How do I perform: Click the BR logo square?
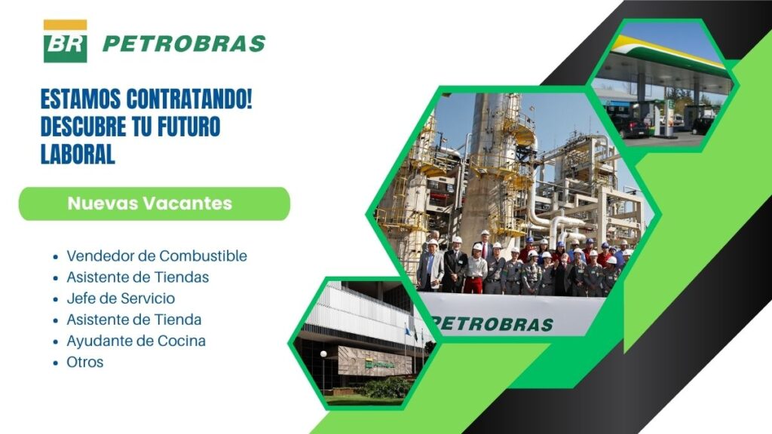(65, 47)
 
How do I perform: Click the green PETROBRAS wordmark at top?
(184, 44)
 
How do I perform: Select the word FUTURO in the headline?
(188, 127)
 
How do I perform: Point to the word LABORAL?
(78, 154)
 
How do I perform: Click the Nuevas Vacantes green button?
(155, 203)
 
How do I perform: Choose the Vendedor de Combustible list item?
(157, 256)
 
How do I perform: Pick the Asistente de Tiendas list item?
(138, 277)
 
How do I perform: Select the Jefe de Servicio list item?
(121, 298)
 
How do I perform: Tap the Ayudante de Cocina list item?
(136, 341)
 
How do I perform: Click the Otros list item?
(84, 362)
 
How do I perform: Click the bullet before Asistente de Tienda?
(56, 320)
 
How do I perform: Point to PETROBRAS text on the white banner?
(492, 324)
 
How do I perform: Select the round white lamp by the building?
(323, 354)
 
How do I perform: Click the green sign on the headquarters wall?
(379, 364)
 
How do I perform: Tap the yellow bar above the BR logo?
(65, 25)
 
